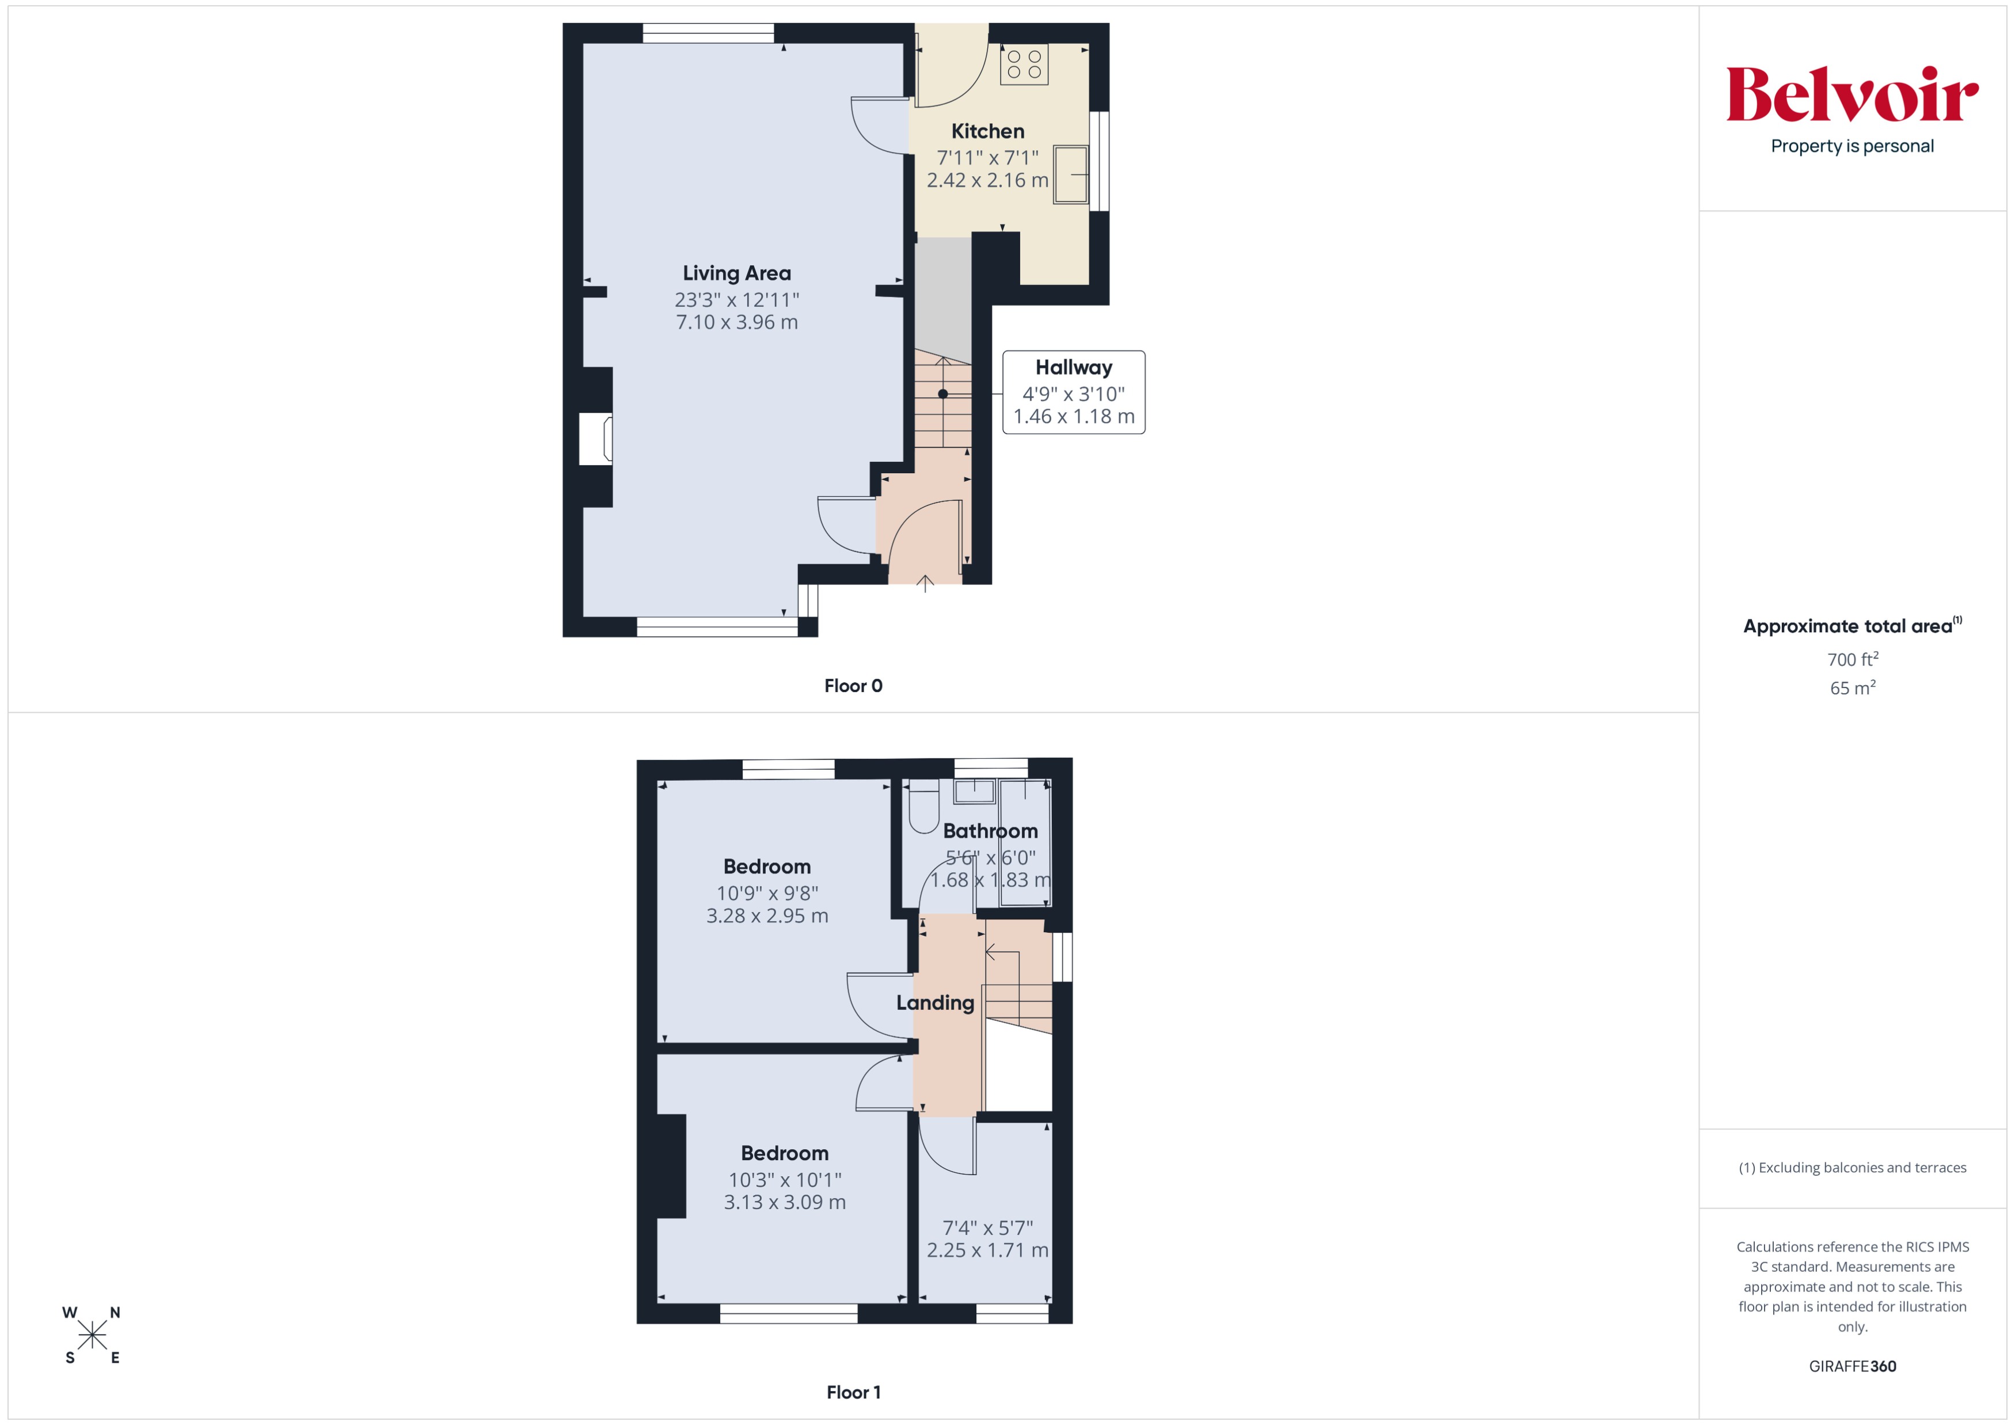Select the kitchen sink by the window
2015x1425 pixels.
tap(1071, 174)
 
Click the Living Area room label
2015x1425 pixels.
tap(736, 273)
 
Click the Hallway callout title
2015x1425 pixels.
tap(1073, 368)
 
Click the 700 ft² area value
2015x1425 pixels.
tap(1851, 660)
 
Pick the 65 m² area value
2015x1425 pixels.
tap(1851, 689)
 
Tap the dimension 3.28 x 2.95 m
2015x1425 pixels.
tap(767, 916)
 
